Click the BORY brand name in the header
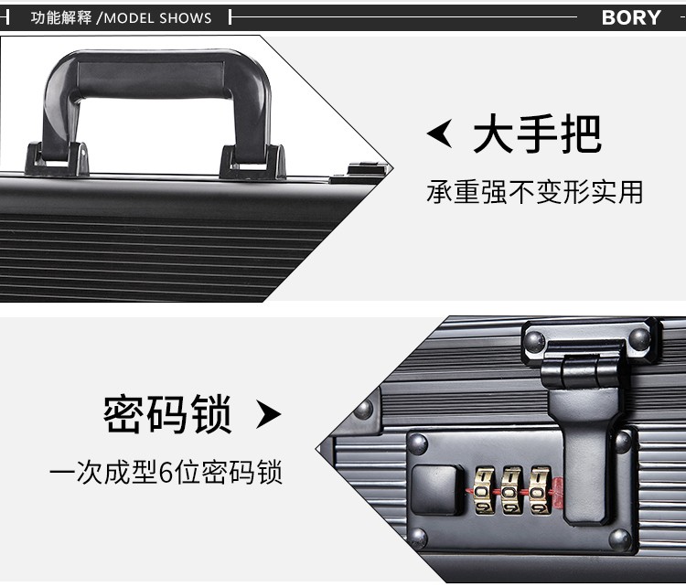[630, 17]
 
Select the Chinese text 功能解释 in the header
[61, 17]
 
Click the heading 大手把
[537, 134]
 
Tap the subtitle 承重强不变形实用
[534, 192]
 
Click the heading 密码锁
[167, 414]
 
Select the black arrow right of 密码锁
[267, 415]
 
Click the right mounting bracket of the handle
[252, 161]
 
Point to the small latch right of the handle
[366, 170]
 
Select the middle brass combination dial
[512, 491]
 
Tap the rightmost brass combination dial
[541, 491]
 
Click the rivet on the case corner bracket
[365, 408]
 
